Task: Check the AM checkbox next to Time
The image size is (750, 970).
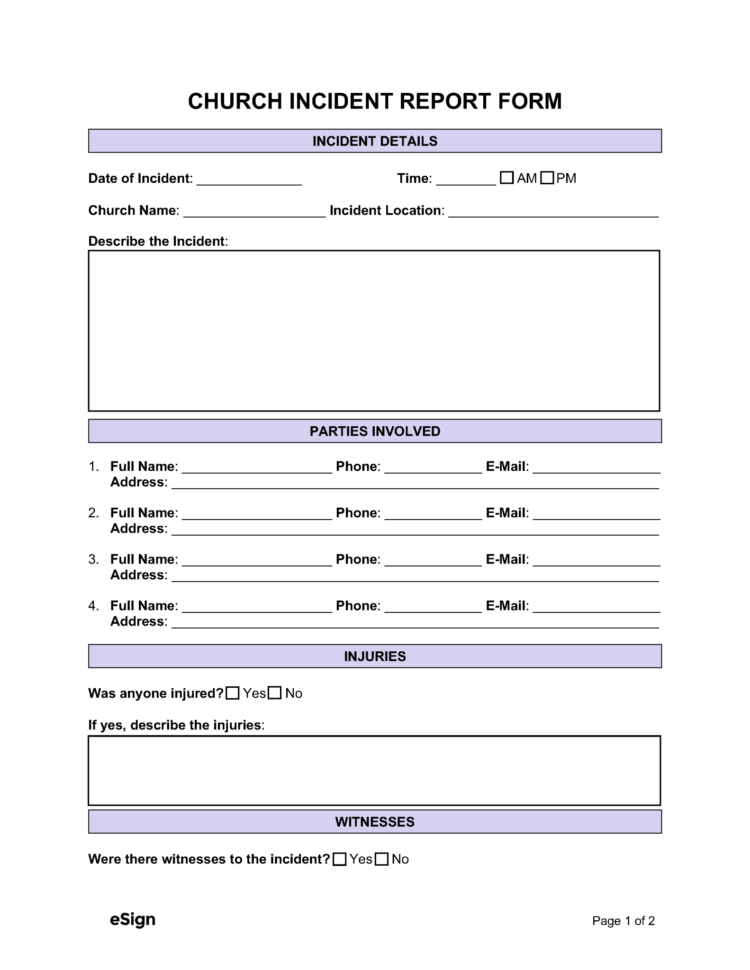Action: click(506, 178)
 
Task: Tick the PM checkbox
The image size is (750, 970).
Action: click(547, 178)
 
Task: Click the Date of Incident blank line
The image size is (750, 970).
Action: click(249, 180)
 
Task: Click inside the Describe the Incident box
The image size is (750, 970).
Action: click(374, 331)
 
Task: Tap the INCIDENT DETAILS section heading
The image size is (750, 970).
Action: click(375, 141)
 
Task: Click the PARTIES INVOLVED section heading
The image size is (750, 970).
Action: click(375, 431)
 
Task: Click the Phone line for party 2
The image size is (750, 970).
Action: click(433, 514)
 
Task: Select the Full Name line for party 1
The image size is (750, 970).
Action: click(257, 468)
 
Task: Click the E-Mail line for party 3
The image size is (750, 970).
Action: click(596, 561)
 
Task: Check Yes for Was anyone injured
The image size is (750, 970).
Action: click(233, 693)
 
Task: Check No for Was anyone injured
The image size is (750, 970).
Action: click(275, 693)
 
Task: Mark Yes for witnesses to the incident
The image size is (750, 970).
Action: click(339, 859)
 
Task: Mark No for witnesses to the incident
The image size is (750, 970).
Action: click(381, 859)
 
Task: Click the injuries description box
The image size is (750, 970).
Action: click(374, 770)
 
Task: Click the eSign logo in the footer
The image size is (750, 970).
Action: click(133, 919)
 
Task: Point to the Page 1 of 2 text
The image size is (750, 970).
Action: click(623, 921)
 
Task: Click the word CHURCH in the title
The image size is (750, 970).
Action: click(235, 101)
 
